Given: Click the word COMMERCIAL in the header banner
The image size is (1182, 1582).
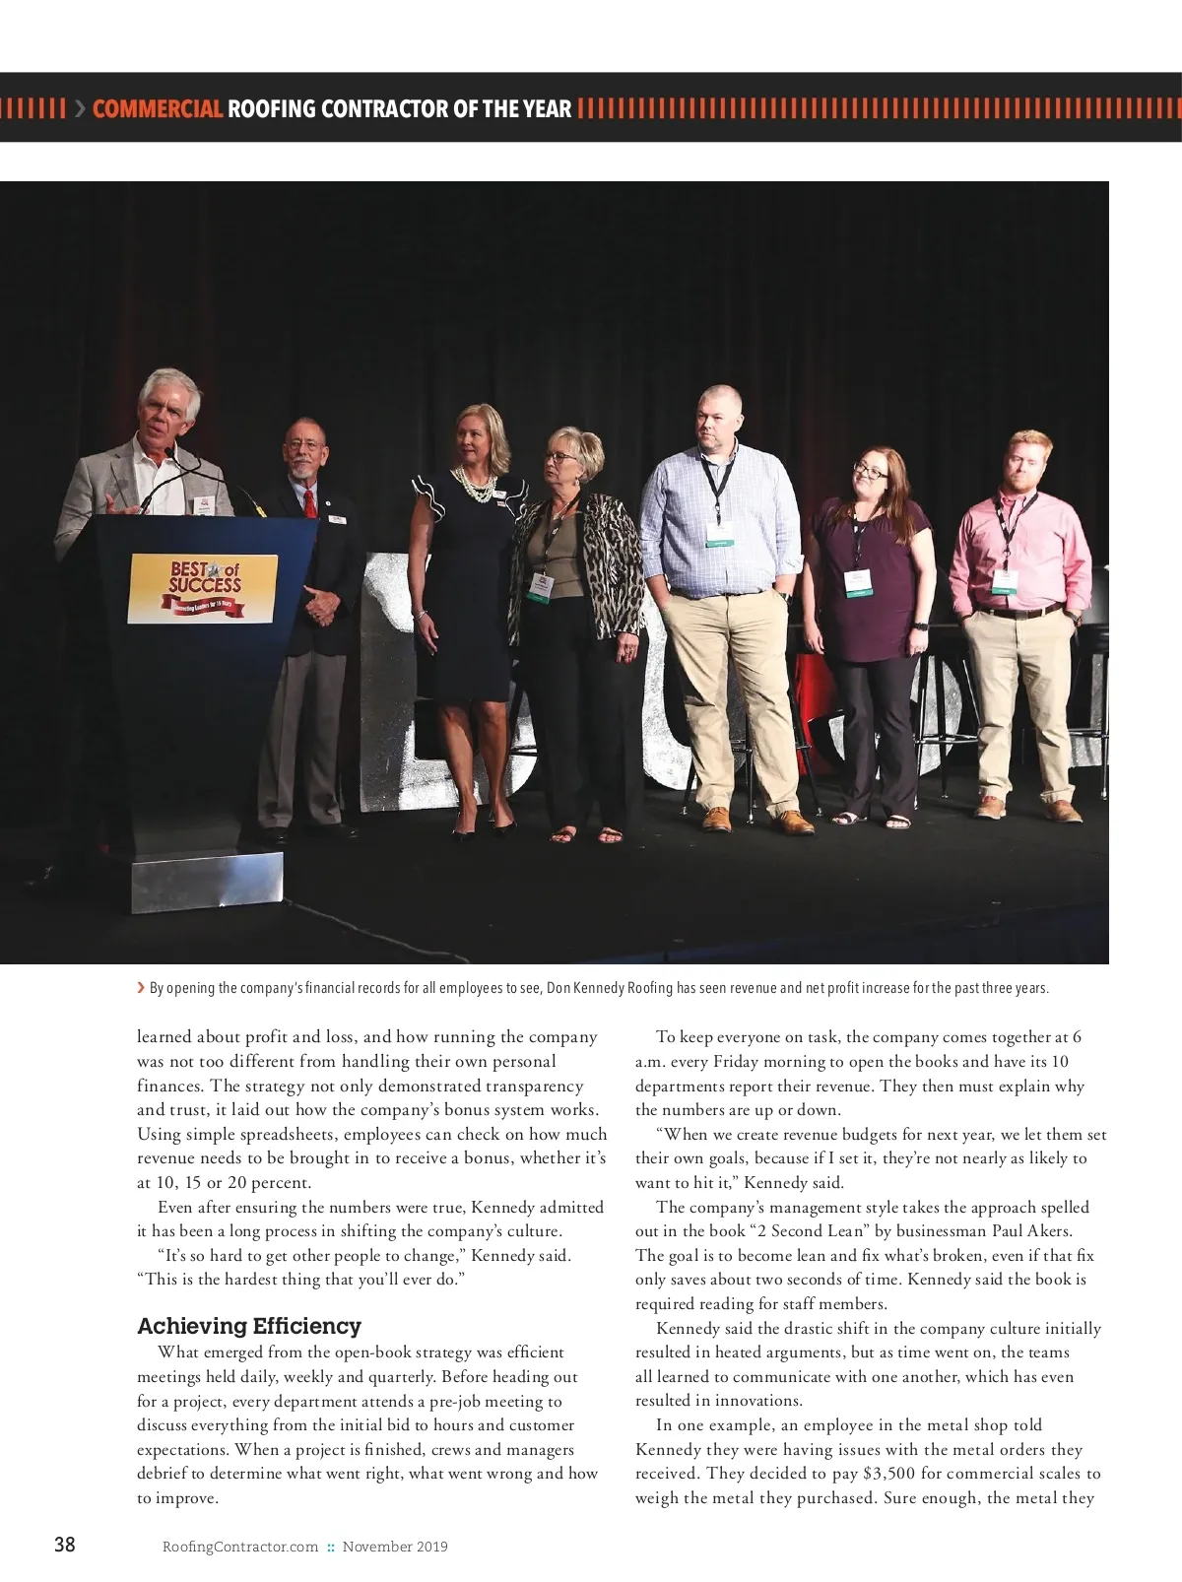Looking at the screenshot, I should click(x=158, y=109).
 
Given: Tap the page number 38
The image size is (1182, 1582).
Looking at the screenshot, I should click(x=64, y=1544).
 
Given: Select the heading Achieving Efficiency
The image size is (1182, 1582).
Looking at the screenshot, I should click(x=249, y=1326).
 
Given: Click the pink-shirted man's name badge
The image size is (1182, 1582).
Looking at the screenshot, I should click(x=1005, y=580).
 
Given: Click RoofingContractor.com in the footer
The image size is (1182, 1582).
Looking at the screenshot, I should click(x=240, y=1547).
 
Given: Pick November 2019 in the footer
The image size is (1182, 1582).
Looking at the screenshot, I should click(x=395, y=1547).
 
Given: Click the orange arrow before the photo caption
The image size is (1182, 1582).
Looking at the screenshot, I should click(x=142, y=987).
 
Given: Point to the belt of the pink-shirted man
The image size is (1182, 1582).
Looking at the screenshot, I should click(x=1020, y=612).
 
